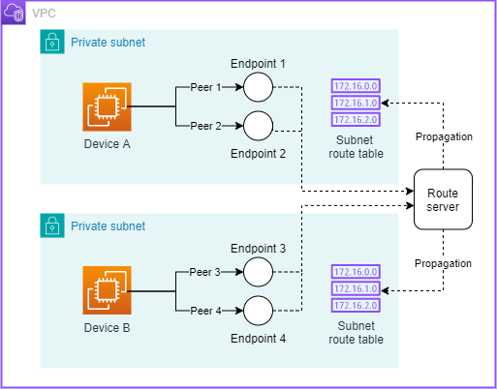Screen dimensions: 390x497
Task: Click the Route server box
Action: point(442,198)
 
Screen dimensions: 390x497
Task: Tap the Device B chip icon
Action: point(107,291)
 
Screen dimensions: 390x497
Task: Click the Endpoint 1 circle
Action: point(259,89)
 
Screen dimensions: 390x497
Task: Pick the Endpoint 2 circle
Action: point(259,126)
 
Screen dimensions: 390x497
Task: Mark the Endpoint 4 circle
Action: point(259,311)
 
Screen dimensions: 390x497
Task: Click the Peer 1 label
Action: point(205,88)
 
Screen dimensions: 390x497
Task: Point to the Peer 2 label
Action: point(205,125)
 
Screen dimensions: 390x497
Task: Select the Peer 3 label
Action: point(205,273)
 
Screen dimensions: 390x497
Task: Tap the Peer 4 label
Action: point(205,310)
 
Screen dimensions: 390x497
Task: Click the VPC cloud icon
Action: point(14,15)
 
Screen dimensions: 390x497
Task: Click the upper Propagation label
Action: point(442,136)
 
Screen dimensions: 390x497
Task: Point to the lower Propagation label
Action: point(442,262)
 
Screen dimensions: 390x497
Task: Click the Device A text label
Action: point(107,145)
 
